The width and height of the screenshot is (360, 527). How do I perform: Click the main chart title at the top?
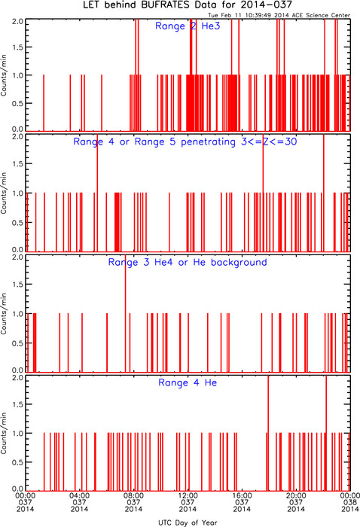188,5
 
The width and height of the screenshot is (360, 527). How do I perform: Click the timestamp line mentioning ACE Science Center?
279,15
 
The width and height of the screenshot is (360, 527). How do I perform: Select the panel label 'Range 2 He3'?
188,26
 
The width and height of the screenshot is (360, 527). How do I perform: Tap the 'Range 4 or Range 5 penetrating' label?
154,142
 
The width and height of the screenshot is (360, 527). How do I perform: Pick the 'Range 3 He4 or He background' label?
188,262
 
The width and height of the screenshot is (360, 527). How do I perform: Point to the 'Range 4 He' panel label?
188,382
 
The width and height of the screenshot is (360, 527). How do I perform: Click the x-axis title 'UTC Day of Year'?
188,522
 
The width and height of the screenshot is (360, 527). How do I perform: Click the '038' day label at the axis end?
350,502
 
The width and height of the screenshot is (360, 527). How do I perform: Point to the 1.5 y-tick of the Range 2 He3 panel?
18,47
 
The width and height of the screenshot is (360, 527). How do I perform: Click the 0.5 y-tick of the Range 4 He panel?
18,462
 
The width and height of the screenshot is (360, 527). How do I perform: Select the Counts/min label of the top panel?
4,75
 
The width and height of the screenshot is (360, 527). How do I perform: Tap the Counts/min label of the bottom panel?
4,433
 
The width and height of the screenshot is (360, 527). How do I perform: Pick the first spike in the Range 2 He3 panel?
44,103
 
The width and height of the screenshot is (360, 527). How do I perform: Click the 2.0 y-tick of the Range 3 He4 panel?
18,257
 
